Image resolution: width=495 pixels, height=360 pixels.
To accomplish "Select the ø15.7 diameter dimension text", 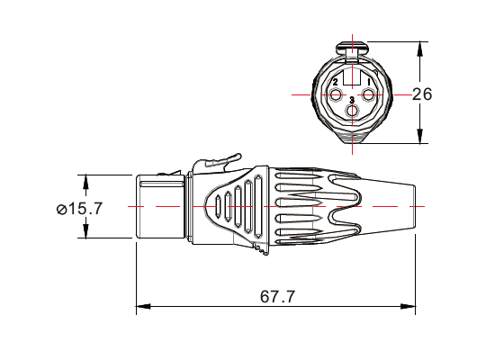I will pos(79,208).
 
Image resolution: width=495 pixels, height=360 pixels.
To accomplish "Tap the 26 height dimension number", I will pos(424,94).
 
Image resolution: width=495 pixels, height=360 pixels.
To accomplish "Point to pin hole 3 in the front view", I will pos(353,112).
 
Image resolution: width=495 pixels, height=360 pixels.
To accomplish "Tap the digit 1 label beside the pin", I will pos(370,83).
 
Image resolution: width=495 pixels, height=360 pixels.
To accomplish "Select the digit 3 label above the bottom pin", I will pos(353,100).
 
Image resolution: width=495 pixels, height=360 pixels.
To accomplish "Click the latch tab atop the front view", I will pos(353,46).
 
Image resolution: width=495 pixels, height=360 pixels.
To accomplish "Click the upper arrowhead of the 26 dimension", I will pos(419,48).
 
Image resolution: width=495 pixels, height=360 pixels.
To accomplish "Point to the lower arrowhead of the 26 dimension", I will pos(419,138).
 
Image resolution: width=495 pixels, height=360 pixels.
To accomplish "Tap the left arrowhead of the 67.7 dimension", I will pos(141,309).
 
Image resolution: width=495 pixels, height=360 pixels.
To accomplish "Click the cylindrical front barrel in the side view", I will pos(159,206).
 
